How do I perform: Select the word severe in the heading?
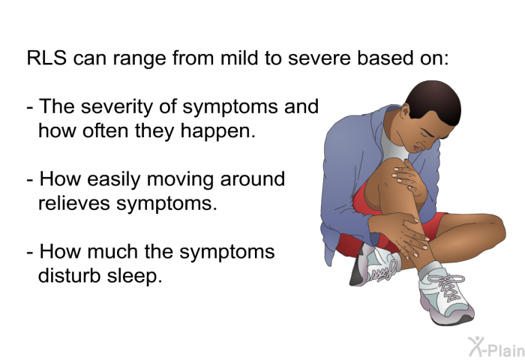(x=319, y=58)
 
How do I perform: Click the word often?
(x=106, y=130)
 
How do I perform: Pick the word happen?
(x=217, y=132)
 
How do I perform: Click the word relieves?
(x=74, y=202)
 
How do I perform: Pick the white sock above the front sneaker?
(x=430, y=269)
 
